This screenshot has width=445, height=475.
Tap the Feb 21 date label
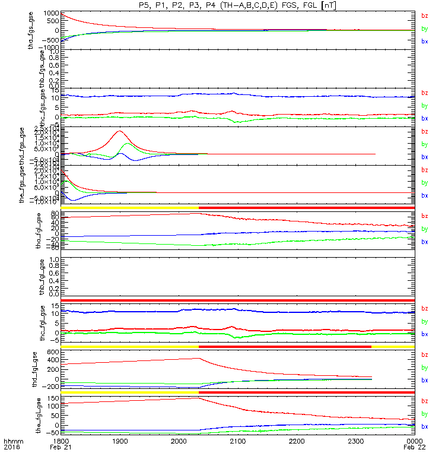[x=63, y=449]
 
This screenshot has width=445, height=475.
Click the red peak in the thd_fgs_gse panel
[x=120, y=131]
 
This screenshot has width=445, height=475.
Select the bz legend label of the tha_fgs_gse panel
[x=425, y=16]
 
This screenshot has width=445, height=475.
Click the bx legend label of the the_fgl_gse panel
[x=425, y=426]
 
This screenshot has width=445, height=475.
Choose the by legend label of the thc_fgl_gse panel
[x=425, y=321]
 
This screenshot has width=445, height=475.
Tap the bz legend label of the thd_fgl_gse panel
[x=425, y=354]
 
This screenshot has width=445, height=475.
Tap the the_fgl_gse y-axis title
[x=42, y=416]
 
